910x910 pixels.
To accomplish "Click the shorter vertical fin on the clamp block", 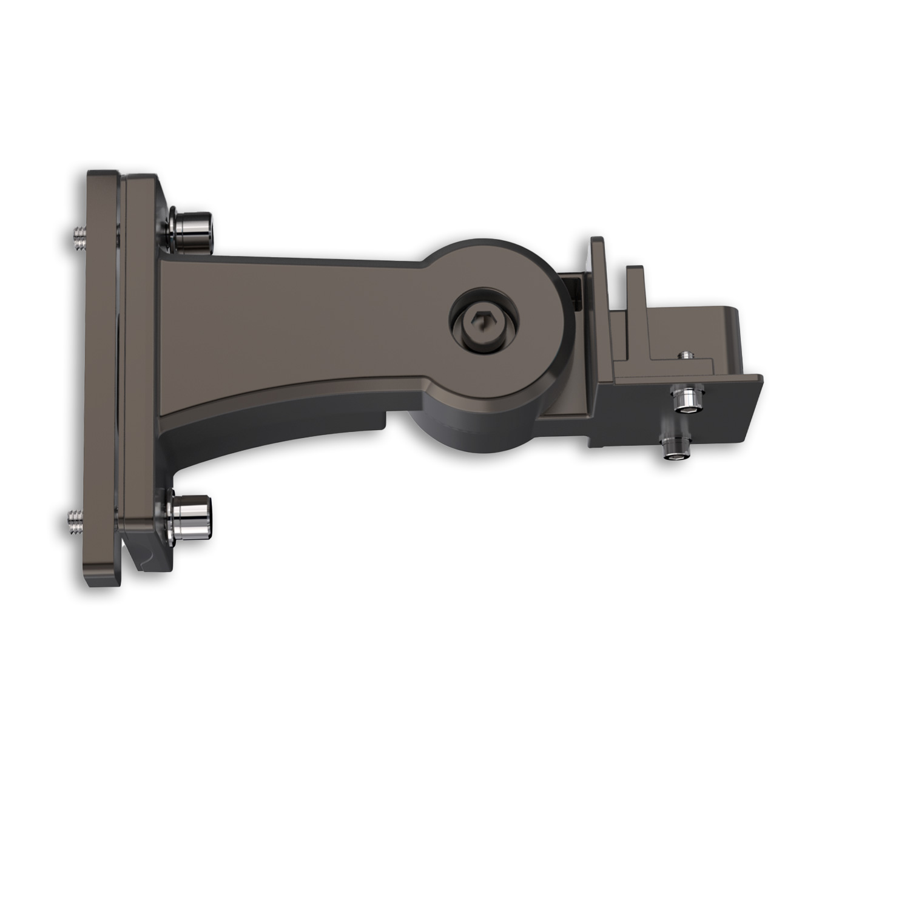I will point(635,291).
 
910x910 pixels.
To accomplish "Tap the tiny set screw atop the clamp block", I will point(686,354).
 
